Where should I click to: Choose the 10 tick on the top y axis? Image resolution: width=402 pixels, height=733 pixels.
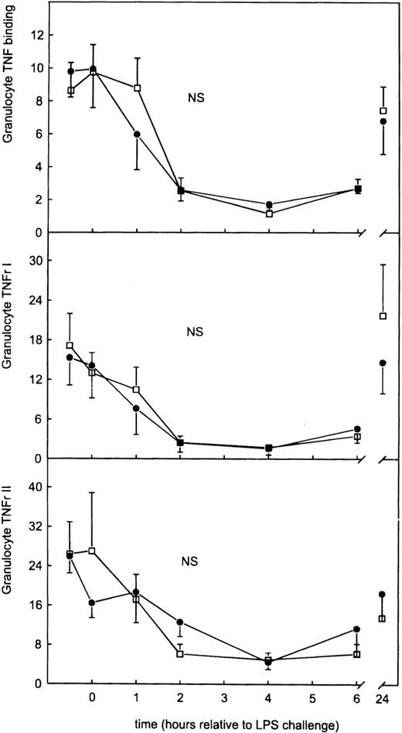(x=34, y=68)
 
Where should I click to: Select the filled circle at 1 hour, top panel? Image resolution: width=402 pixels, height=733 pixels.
(x=137, y=134)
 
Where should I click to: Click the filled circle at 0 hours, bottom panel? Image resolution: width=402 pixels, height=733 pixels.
(x=92, y=602)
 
